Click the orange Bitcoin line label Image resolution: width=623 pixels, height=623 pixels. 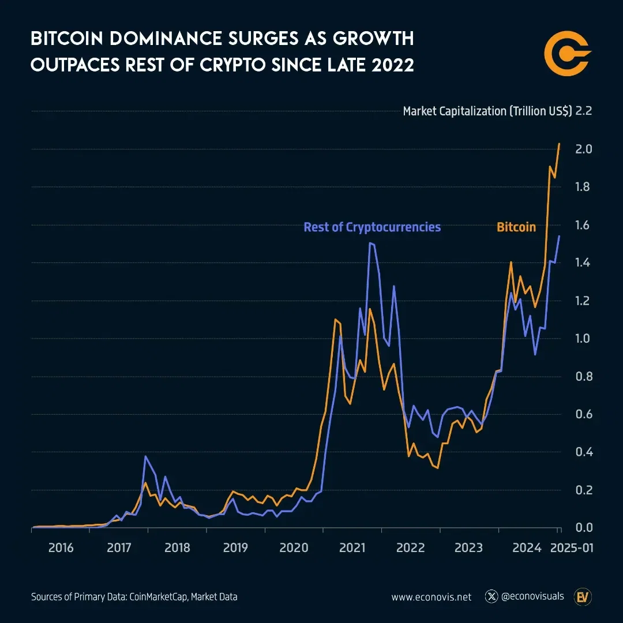pyautogui.click(x=516, y=227)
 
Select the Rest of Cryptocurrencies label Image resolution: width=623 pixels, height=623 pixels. pyautogui.click(x=372, y=227)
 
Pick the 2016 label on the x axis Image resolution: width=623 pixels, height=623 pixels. pyautogui.click(x=61, y=547)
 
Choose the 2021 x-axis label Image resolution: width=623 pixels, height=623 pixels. pyautogui.click(x=352, y=547)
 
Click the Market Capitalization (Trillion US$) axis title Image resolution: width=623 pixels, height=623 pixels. pyautogui.click(x=487, y=111)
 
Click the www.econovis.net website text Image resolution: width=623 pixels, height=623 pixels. pyautogui.click(x=431, y=597)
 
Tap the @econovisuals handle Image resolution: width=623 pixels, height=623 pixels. pyautogui.click(x=532, y=596)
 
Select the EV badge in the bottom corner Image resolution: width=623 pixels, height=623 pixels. pyautogui.click(x=581, y=596)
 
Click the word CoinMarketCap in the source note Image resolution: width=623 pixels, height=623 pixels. pyautogui.click(x=151, y=597)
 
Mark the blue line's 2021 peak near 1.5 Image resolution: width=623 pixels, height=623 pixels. pyautogui.click(x=370, y=243)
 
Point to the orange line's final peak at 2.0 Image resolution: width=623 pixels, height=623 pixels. pyautogui.click(x=559, y=144)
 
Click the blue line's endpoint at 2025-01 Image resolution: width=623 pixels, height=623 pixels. pyautogui.click(x=559, y=236)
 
